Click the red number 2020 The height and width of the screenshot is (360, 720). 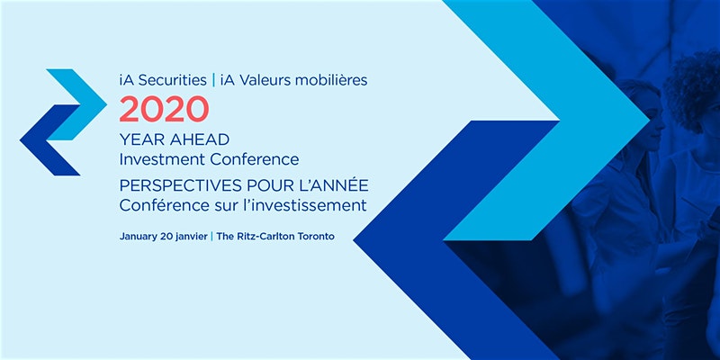coord(164,109)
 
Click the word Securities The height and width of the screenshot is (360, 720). coord(172,80)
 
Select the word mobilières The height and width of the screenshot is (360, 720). coord(331,80)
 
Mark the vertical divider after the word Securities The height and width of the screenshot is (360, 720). coord(213,80)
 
